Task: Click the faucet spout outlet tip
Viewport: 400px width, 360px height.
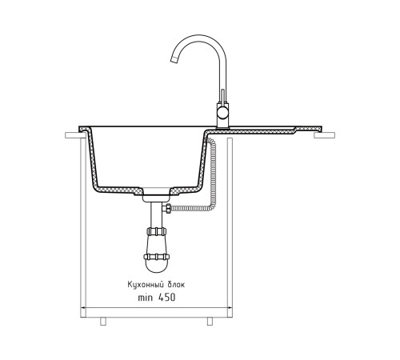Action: click(x=174, y=60)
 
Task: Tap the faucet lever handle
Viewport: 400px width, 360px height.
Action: click(x=222, y=98)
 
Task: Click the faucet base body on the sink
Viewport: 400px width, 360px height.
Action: click(x=223, y=117)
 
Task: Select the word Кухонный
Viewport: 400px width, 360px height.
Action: click(x=146, y=285)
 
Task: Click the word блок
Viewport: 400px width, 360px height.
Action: click(x=176, y=285)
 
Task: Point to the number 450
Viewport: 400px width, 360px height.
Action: click(x=167, y=298)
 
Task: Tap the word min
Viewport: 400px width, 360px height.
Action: click(x=145, y=298)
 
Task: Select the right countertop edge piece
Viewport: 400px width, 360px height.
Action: click(x=325, y=135)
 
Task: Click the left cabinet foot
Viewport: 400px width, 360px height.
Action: click(x=103, y=322)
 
